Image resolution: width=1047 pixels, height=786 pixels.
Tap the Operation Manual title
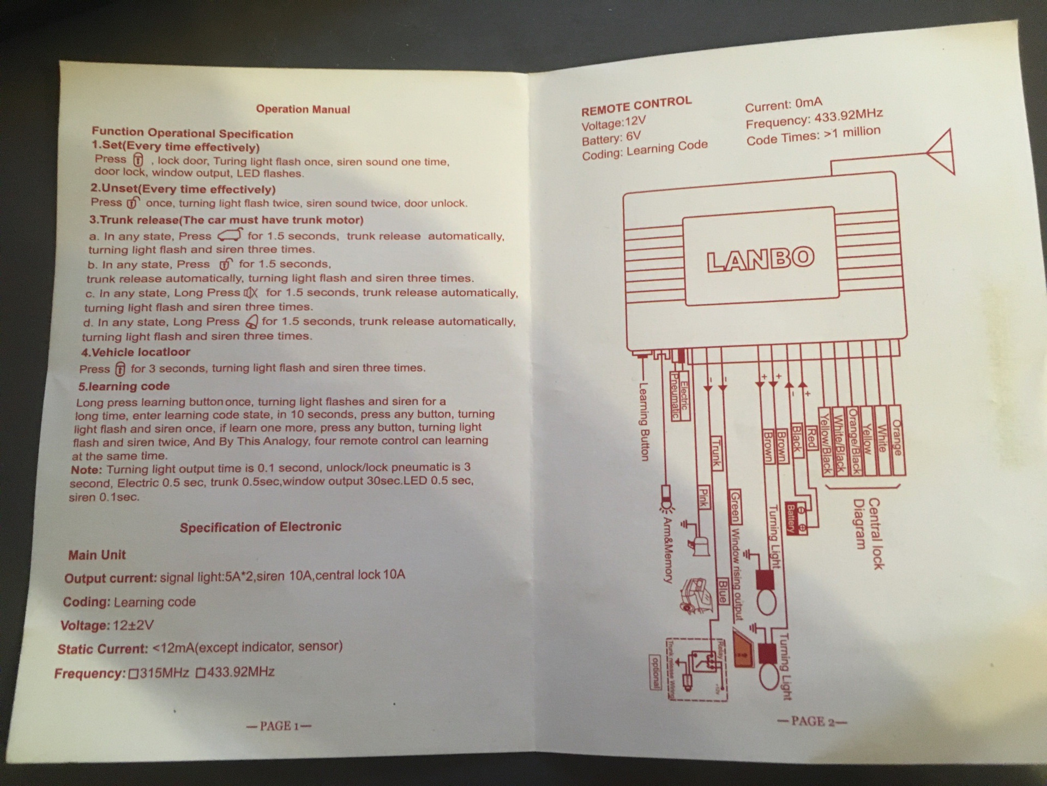pyautogui.click(x=303, y=109)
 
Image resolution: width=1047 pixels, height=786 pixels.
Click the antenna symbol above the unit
pyautogui.click(x=941, y=152)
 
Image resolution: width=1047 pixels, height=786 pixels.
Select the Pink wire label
pyautogui.click(x=703, y=496)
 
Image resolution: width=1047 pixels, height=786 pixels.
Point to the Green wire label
pyautogui.click(x=735, y=507)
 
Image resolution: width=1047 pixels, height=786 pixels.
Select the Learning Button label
pyautogui.click(x=644, y=421)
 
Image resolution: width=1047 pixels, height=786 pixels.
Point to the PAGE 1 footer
pyautogui.click(x=279, y=726)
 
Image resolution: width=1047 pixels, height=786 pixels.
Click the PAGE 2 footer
pyautogui.click(x=811, y=722)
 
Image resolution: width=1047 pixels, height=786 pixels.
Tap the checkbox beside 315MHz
pyautogui.click(x=133, y=674)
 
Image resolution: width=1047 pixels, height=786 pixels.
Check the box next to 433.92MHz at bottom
pyautogui.click(x=200, y=672)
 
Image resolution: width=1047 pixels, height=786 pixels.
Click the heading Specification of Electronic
pyautogui.click(x=260, y=527)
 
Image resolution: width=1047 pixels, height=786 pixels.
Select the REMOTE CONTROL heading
pyautogui.click(x=636, y=106)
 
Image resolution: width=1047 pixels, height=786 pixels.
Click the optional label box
pyautogui.click(x=655, y=672)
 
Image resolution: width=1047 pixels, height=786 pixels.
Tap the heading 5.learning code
pyautogui.click(x=124, y=386)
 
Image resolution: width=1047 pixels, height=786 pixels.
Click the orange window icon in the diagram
pyautogui.click(x=742, y=651)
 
